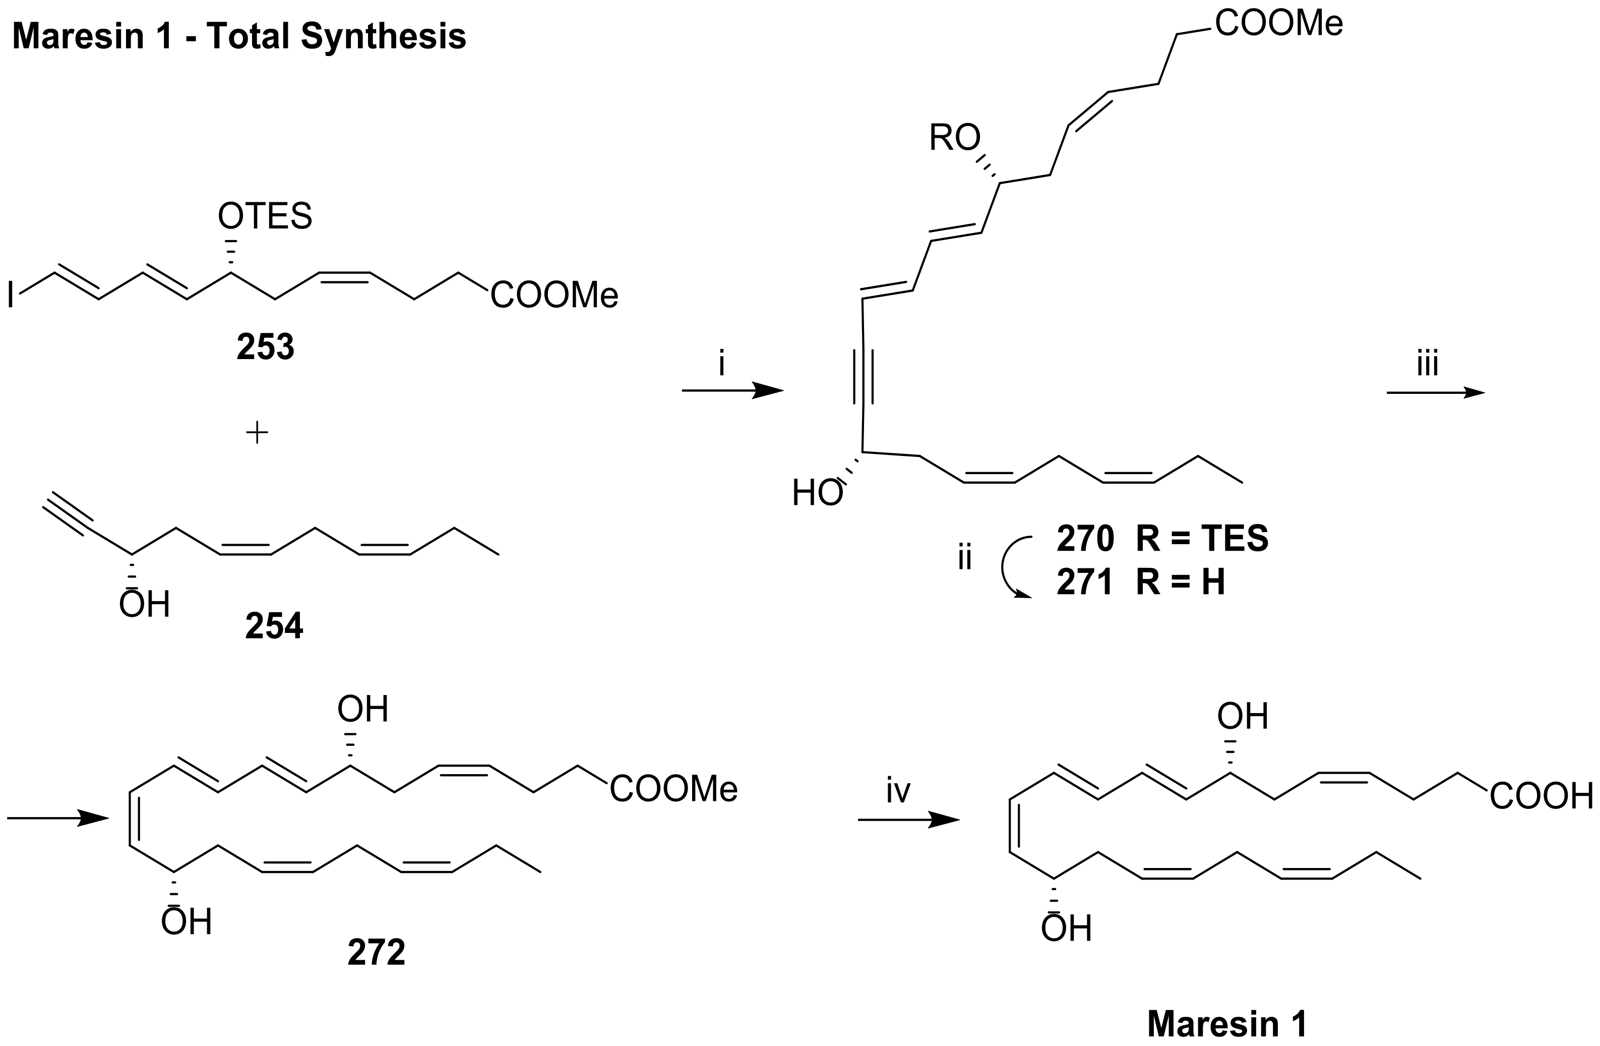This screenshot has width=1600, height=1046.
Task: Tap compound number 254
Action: tap(274, 625)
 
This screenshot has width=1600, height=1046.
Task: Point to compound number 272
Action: tap(377, 953)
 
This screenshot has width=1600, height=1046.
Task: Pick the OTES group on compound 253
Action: tap(265, 216)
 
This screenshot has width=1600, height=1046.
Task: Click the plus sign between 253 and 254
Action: tap(257, 433)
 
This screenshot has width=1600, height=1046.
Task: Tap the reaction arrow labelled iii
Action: tap(1435, 393)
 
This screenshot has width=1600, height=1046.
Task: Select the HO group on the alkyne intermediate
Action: tap(817, 494)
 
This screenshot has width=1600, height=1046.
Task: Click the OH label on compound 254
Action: tap(145, 604)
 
